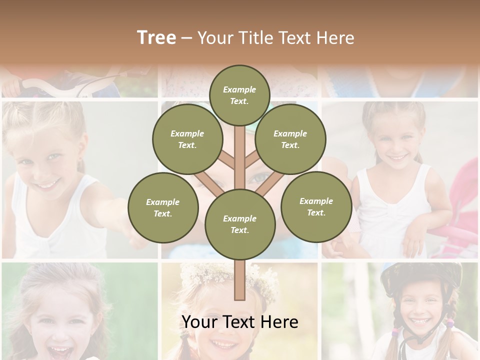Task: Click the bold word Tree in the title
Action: click(x=156, y=38)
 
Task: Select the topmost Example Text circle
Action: click(x=239, y=95)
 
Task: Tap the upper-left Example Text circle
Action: click(x=187, y=139)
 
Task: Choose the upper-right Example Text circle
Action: click(x=290, y=139)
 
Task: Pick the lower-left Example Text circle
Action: click(x=163, y=207)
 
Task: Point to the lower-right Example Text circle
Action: click(x=316, y=206)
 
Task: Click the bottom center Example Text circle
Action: click(x=239, y=224)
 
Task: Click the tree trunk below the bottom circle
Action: click(x=239, y=280)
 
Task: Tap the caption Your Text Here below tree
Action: click(x=239, y=322)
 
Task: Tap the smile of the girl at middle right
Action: click(x=398, y=158)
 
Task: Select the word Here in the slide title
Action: click(x=335, y=38)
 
